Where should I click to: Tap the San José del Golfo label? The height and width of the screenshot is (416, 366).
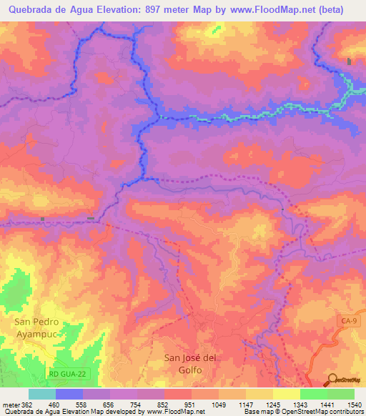189,364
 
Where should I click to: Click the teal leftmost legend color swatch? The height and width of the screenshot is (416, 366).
42,394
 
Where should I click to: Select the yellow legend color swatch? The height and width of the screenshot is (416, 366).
286,394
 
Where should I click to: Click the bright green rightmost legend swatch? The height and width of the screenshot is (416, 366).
340,394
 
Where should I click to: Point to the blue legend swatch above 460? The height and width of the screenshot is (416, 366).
69,394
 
